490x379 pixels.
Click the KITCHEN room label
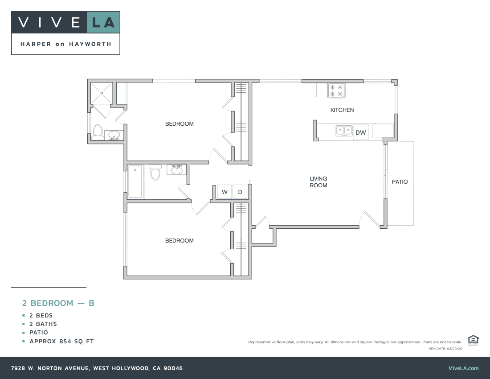click(x=342, y=110)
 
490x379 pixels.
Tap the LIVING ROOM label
click(x=318, y=182)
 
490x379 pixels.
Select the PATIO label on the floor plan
click(x=400, y=181)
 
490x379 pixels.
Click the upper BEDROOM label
click(x=180, y=124)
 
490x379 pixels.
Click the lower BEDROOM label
click(x=180, y=240)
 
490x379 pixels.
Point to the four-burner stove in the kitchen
click(x=336, y=91)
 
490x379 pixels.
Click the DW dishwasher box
click(x=360, y=132)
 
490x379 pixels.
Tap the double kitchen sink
click(x=344, y=131)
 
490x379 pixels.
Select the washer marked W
click(x=225, y=192)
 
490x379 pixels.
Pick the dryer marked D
click(x=240, y=192)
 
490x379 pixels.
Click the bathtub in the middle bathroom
click(x=135, y=181)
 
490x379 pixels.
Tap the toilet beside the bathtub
click(x=155, y=172)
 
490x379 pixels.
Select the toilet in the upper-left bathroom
click(x=98, y=132)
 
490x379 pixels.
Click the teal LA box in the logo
click(x=103, y=22)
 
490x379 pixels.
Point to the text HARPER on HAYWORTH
click(x=65, y=44)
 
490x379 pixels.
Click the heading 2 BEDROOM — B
click(x=58, y=303)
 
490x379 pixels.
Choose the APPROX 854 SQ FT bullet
click(x=61, y=342)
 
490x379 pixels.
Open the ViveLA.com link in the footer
click(x=463, y=368)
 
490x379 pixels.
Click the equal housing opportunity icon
click(x=473, y=340)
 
